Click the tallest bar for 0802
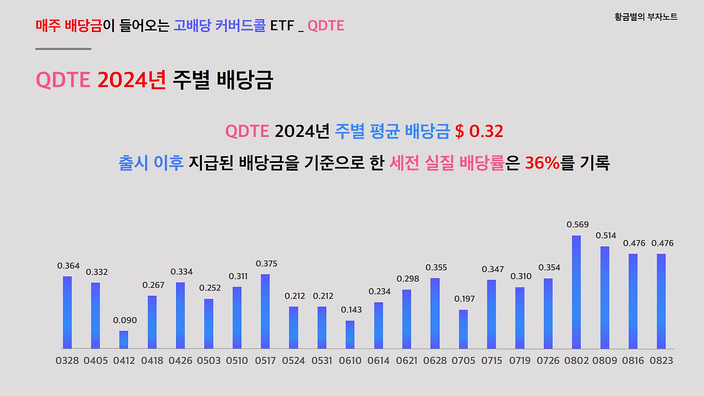(576, 292)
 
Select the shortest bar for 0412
(124, 339)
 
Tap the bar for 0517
(265, 311)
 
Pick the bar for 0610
(350, 334)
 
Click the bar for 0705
(463, 329)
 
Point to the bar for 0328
(67, 312)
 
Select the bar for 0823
(661, 301)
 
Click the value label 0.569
(577, 224)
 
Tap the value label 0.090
(125, 320)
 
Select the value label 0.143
(351, 310)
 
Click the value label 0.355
(436, 267)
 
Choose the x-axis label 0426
(180, 361)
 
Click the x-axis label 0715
(491, 361)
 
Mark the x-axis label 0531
(322, 361)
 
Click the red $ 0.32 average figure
(479, 132)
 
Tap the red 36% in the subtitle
(542, 163)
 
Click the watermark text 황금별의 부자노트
(646, 17)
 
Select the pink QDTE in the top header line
(326, 25)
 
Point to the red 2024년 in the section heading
(131, 80)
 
